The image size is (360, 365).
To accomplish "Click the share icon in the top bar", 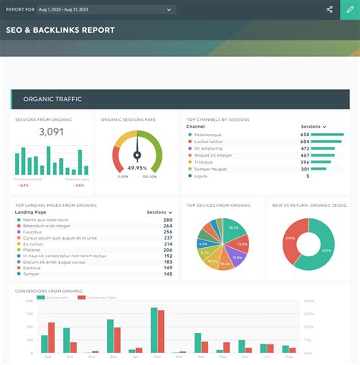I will pyautogui.click(x=330, y=9).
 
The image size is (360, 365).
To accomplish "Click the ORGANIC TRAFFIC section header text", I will pyautogui.click(x=52, y=99).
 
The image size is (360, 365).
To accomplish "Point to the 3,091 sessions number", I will pyautogui.click(x=51, y=132).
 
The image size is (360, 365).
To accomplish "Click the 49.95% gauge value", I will pyautogui.click(x=137, y=167).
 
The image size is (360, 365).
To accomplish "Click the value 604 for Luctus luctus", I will pyautogui.click(x=305, y=142).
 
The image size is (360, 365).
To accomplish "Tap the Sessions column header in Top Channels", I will pyautogui.click(x=312, y=126).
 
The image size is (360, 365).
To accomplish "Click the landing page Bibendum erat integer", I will pyautogui.click(x=46, y=226).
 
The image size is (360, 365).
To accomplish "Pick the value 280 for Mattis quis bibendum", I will pyautogui.click(x=168, y=219).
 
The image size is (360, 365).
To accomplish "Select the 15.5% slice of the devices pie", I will pyautogui.click(x=233, y=228).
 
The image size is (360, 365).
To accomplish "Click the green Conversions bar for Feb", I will pyautogui.click(x=154, y=331).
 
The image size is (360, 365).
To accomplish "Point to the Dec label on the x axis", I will pyautogui.click(x=92, y=356).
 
